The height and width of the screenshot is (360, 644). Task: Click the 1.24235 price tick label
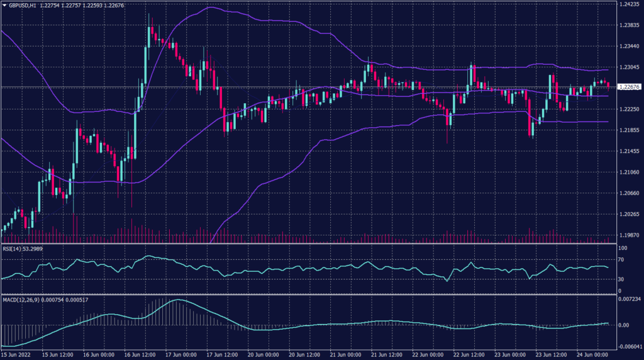point(630,4)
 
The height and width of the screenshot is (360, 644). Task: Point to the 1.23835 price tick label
point(630,25)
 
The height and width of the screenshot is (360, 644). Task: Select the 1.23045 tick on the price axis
point(630,67)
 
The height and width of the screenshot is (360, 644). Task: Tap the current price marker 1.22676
point(630,87)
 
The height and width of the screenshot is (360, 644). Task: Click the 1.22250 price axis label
point(630,110)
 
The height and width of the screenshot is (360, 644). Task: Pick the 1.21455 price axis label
point(630,152)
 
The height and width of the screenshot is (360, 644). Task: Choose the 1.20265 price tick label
point(630,215)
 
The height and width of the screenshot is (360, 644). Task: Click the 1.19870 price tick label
point(630,235)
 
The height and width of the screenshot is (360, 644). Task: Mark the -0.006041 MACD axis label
point(630,346)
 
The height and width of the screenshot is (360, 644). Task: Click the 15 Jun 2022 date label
point(16,355)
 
